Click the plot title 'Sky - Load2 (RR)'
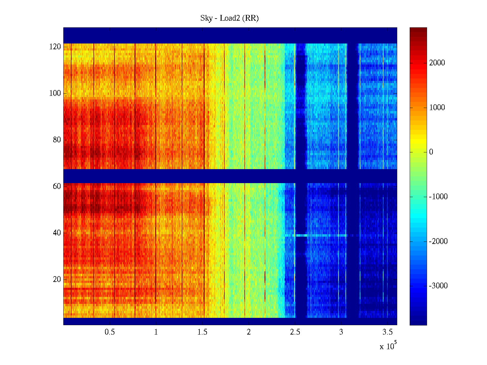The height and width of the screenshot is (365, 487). pos(229,18)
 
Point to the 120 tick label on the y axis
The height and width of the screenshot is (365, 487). pos(55,47)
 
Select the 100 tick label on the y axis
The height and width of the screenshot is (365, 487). pos(55,93)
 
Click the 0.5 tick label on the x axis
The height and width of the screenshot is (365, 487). pos(110,332)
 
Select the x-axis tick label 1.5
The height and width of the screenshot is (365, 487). pos(202,332)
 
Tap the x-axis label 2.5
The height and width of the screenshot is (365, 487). pos(295,332)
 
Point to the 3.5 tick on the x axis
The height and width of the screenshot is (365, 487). pos(387,332)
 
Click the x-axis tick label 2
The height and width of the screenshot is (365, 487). pos(249,332)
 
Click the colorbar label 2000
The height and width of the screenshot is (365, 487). pos(437,63)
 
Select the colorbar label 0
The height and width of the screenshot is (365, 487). pos(431,152)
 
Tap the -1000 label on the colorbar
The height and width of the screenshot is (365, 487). pos(438,197)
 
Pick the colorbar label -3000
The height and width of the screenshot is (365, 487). pos(438,286)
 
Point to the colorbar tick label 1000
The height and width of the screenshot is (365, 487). pos(437,108)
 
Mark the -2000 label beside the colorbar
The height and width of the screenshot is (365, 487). pos(438,242)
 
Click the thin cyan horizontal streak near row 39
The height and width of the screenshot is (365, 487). pos(320,235)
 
